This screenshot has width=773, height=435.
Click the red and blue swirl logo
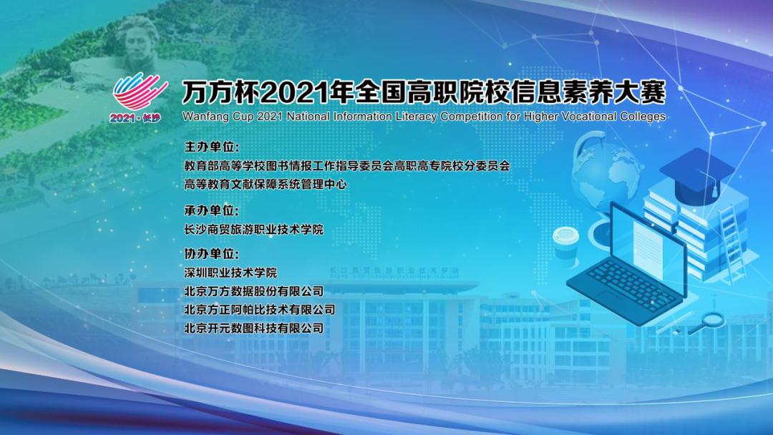point(140,92)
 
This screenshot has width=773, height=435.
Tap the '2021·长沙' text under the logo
point(135,118)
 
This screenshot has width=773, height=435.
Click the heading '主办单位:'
point(212,147)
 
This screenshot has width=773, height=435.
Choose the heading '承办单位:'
point(211,210)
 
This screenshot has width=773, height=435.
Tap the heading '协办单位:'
point(211,254)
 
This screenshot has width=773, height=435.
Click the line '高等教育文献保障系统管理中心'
point(266,185)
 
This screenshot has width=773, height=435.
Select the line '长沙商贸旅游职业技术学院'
point(254,229)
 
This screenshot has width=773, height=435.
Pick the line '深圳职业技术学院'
point(230,273)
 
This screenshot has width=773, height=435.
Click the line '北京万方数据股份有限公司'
point(254,291)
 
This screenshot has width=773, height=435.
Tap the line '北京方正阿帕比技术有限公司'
point(260,309)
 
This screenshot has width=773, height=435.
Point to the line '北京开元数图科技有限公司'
point(254,328)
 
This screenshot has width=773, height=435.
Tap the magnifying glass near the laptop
point(708,323)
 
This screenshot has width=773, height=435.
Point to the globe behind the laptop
point(604,175)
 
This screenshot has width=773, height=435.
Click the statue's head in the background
point(139,42)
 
